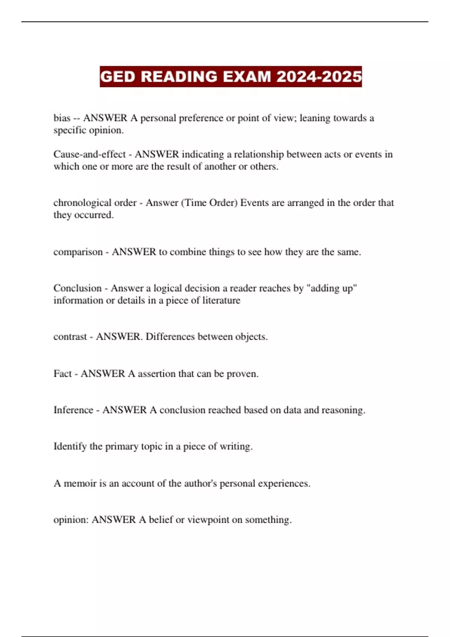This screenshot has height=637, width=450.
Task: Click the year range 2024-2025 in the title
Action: tap(319, 77)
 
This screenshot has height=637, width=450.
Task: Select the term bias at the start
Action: tap(62, 118)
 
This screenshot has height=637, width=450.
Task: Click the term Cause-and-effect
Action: tap(89, 154)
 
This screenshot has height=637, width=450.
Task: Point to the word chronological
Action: tap(82, 203)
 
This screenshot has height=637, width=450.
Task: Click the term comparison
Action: tap(78, 252)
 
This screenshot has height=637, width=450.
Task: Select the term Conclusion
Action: tap(78, 288)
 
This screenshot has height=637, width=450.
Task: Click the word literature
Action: tap(221, 300)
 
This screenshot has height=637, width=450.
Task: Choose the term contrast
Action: tap(70, 336)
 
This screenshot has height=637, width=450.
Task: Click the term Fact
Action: tap(62, 374)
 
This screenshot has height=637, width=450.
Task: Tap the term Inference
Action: tap(73, 410)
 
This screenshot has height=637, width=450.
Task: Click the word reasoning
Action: tap(343, 410)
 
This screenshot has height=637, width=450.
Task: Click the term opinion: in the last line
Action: tap(71, 520)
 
